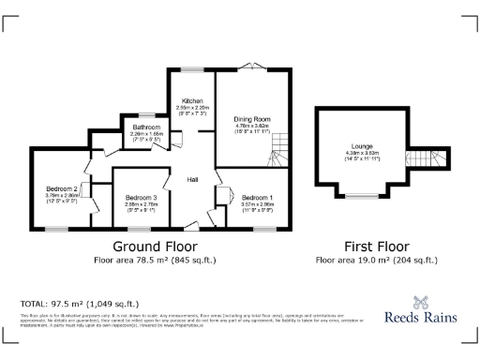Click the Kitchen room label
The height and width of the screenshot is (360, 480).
[x=192, y=100]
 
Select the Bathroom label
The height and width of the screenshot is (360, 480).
[x=146, y=127]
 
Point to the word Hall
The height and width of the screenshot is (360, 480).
[x=192, y=180]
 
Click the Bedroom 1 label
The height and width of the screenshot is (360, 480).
[x=257, y=198]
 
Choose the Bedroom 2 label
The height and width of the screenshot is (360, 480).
[x=61, y=189]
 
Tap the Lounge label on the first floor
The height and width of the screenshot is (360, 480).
[x=362, y=147]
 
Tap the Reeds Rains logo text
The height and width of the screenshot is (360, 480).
[x=421, y=317]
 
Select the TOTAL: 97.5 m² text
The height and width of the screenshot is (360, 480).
[x=79, y=304]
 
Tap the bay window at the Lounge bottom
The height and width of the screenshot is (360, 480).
[x=359, y=196]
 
